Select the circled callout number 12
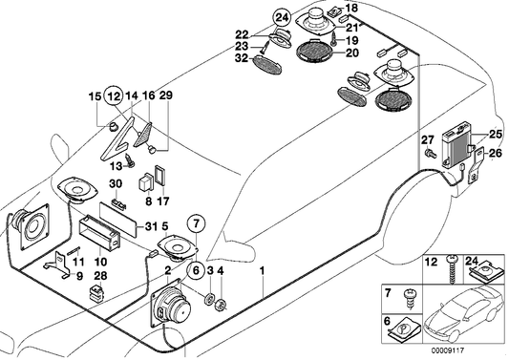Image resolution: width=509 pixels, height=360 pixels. point(114,95)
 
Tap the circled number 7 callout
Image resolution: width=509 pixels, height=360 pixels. point(197,227)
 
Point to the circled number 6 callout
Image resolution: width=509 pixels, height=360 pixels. point(195,269)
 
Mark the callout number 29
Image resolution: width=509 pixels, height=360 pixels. point(166,96)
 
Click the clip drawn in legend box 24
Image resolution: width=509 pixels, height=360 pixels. point(483,273)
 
